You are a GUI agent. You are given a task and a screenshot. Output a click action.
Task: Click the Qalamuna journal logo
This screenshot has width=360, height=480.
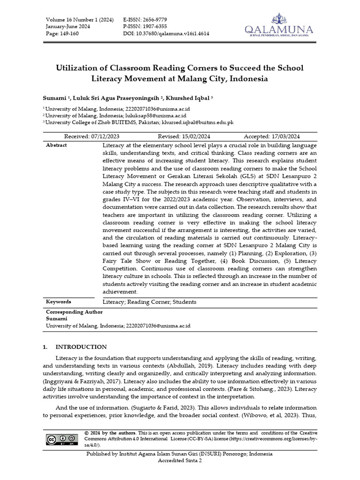click(278, 26)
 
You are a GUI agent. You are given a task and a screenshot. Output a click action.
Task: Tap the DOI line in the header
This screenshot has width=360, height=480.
click(166, 34)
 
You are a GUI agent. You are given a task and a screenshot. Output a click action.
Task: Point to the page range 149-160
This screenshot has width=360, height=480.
click(60, 34)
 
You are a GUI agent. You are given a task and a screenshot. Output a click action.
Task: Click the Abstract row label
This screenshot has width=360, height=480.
click(56, 145)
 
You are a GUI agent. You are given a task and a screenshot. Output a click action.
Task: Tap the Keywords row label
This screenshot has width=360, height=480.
click(59, 302)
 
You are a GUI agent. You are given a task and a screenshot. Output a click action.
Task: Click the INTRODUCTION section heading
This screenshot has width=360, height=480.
click(81, 347)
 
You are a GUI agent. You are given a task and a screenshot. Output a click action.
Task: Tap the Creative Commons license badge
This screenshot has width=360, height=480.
click(62, 440)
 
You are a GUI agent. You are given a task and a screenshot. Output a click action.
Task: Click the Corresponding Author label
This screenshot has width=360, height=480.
click(74, 312)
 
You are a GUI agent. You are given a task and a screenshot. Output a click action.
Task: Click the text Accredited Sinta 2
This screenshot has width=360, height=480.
click(180, 461)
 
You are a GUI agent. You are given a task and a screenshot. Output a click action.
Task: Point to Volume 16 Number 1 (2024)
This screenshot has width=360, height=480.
click(80, 19)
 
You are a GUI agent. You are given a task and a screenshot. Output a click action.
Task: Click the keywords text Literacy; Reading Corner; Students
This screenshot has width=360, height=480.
click(150, 302)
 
